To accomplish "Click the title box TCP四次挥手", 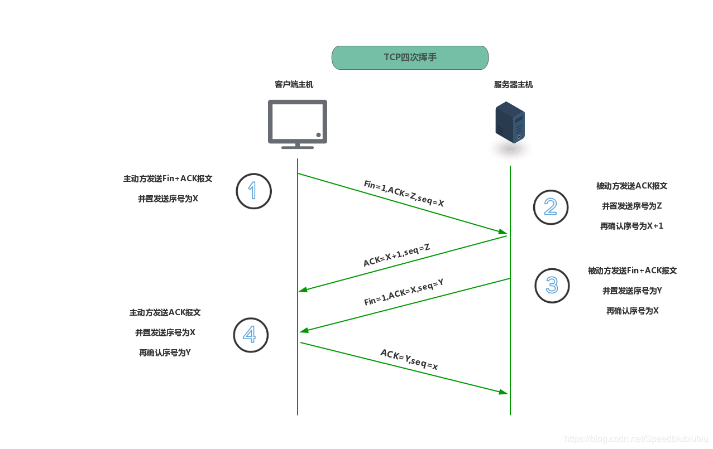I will tap(410, 57).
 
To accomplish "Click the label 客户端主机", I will tap(294, 85).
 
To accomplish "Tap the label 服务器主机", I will tap(513, 85).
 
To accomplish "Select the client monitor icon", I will tap(297, 123).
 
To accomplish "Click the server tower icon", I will tap(510, 123).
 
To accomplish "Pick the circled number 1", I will tap(253, 191).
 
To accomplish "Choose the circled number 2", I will tap(551, 207).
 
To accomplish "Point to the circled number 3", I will tap(552, 286).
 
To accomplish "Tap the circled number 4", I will tap(251, 335).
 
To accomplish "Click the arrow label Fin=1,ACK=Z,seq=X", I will tap(404, 194).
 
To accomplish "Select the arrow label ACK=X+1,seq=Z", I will tap(396, 255).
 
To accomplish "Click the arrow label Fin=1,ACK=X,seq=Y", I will tap(404, 292).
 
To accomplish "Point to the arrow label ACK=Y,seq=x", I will tap(409, 360).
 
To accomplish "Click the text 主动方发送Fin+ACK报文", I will tap(168, 179).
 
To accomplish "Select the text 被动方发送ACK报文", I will tap(631, 186).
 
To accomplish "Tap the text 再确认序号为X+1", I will tap(631, 226).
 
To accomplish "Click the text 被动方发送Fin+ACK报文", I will tap(632, 271).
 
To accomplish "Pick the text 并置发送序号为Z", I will tap(631, 206).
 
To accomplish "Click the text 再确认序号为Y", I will tap(165, 353).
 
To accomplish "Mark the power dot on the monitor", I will tap(318, 135).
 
